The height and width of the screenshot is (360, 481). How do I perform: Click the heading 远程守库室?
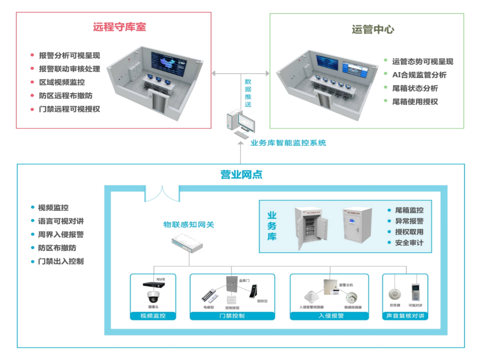click(x=119, y=27)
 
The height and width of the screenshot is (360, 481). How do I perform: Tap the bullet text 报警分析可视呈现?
click(x=69, y=56)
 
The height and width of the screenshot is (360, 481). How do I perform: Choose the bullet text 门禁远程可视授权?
click(x=69, y=109)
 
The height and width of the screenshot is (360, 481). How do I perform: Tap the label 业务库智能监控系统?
click(x=288, y=143)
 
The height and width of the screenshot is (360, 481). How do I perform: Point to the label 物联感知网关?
click(x=188, y=224)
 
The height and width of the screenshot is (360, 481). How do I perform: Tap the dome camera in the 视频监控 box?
click(x=153, y=297)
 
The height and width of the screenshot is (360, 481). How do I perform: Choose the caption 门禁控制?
click(x=232, y=316)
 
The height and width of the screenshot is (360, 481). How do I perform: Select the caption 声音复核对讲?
click(x=405, y=316)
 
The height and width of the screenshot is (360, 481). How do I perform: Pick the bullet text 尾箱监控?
click(x=409, y=210)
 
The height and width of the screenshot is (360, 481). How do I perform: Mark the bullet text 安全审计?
click(x=409, y=243)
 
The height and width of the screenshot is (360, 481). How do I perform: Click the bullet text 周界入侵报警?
click(x=61, y=235)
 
